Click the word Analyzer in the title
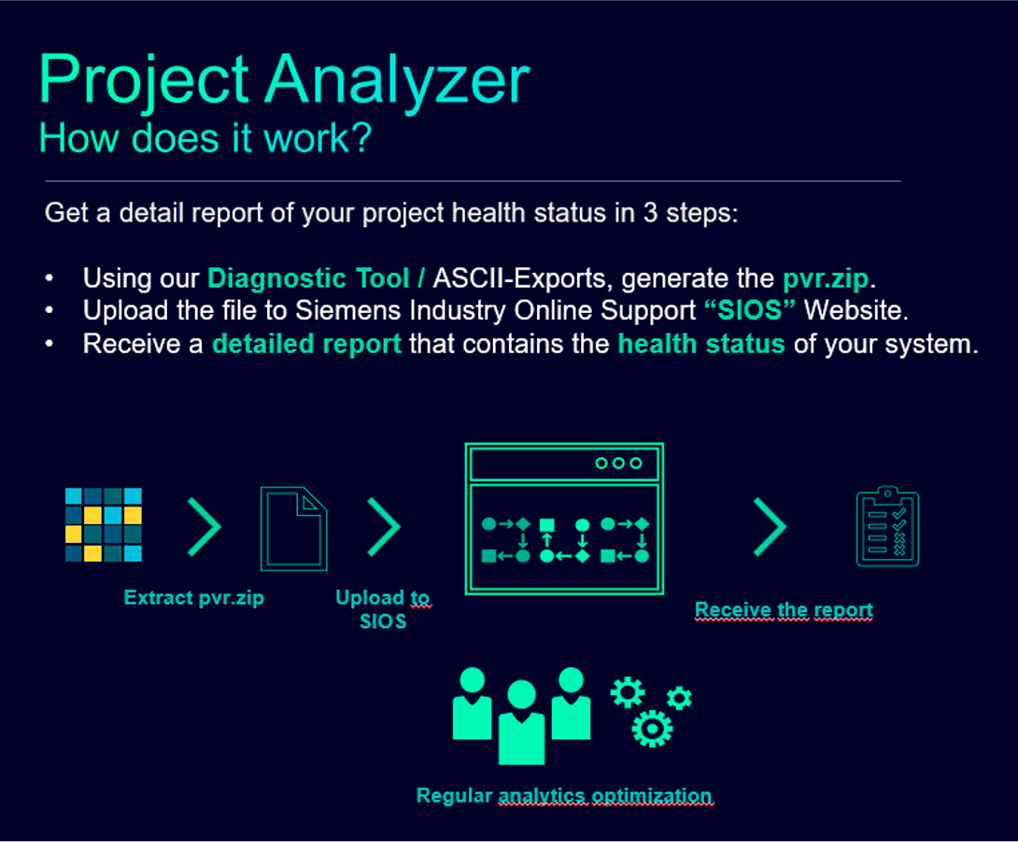point(398,81)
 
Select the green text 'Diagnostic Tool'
point(308,278)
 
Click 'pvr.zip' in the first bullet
point(826,279)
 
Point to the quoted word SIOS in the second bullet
point(750,310)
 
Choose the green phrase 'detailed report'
point(307,344)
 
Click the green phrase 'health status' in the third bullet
point(701,344)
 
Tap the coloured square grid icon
point(104,524)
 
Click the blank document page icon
point(293,528)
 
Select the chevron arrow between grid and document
point(205,527)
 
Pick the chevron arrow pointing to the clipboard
point(770,527)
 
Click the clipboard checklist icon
point(887,526)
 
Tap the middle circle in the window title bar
point(618,464)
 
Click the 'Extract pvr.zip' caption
point(194,598)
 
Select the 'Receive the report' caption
point(784,610)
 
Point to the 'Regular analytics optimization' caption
point(565,796)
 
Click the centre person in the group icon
point(521,722)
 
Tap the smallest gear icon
point(679,698)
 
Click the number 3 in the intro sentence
point(651,213)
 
